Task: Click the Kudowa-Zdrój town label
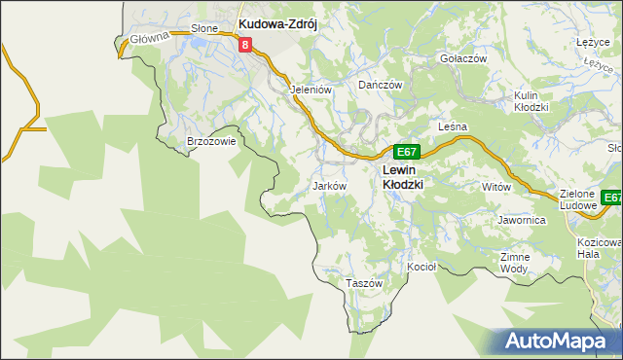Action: point(279,23)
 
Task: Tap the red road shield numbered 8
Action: point(244,45)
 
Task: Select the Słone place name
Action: point(204,29)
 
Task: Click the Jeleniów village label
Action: point(311,89)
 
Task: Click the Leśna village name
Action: point(454,127)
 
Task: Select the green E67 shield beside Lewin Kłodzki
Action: point(407,153)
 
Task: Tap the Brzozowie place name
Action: point(211,142)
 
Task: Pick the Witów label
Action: point(496,186)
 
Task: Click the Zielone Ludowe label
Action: point(583,199)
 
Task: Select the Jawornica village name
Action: point(522,221)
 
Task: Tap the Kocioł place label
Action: point(421,266)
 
